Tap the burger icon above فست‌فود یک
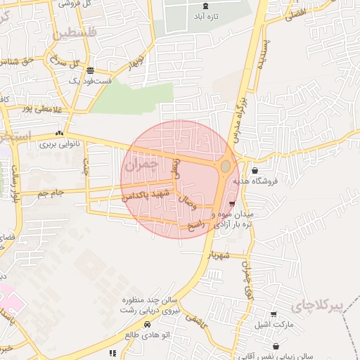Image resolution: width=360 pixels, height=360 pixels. [90, 70]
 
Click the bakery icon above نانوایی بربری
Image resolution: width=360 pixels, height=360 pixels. [60, 133]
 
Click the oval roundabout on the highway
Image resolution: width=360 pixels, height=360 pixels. [225, 167]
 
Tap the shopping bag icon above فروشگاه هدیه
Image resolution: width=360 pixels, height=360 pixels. [254, 170]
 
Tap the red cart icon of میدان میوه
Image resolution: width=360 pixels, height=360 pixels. [232, 204]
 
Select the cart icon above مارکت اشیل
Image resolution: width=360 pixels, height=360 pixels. [274, 314]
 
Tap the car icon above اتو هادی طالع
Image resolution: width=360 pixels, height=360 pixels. [146, 324]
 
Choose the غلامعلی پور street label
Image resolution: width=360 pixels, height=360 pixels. [36, 108]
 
